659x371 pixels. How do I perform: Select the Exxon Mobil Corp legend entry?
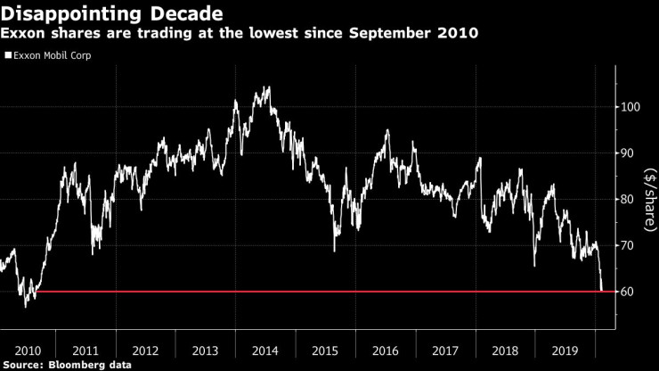coord(52,54)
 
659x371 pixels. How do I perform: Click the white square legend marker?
coord(8,54)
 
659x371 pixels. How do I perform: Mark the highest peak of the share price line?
coord(269,87)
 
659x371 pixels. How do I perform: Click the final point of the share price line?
coord(603,290)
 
